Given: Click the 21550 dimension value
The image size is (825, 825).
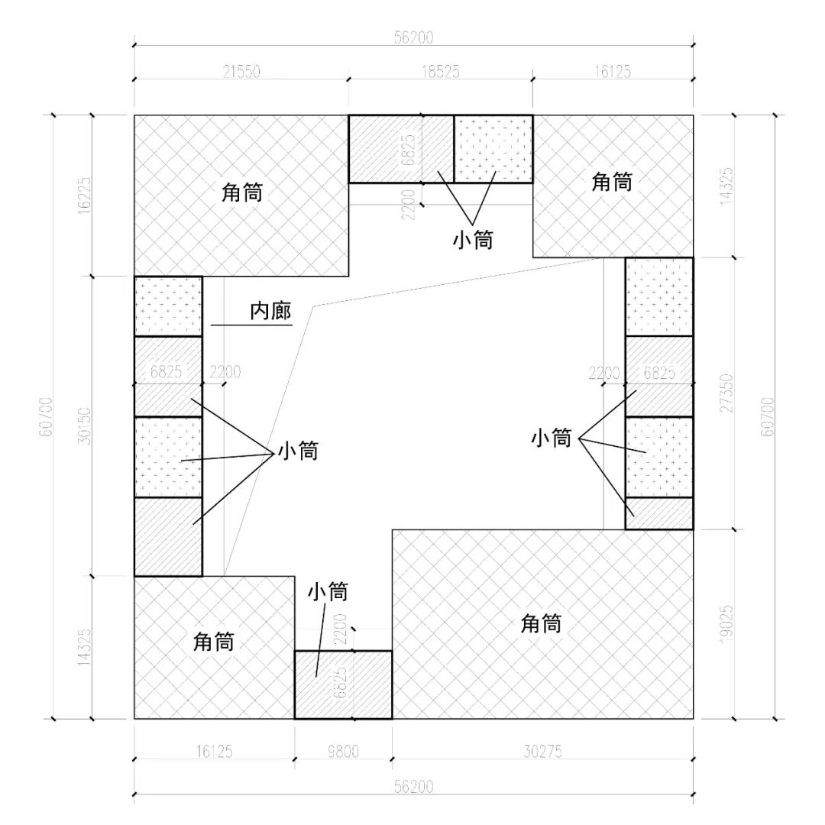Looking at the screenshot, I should tap(241, 72).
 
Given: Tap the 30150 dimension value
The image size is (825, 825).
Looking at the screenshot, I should tap(84, 424).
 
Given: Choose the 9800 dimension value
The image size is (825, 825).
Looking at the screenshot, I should tap(343, 752).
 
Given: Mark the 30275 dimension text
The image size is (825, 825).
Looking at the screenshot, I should tap(542, 752).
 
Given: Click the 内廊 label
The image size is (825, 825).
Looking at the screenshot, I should tap(271, 312).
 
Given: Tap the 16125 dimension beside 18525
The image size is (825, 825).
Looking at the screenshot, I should tap(612, 72).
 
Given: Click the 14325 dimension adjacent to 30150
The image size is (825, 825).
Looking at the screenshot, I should tap(84, 648).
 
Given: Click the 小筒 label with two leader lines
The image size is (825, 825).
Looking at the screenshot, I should tap(472, 239).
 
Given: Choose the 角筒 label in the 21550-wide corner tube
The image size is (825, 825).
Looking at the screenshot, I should tap(242, 193).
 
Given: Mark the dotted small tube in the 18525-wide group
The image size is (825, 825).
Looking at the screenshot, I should tap(493, 149).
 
